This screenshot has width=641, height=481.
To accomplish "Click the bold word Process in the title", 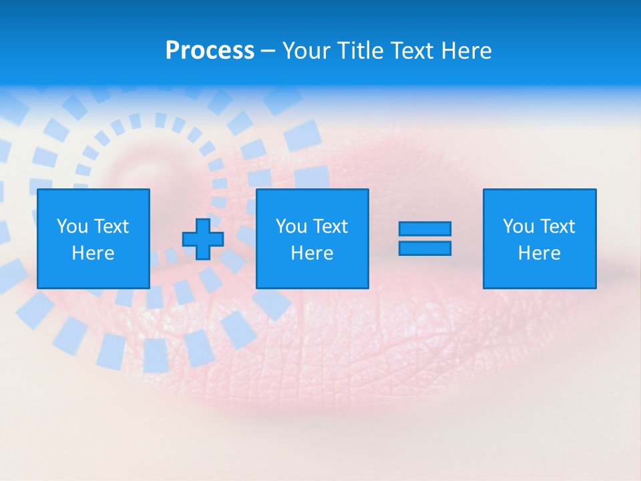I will [210, 51].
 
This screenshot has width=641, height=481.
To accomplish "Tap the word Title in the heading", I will [361, 51].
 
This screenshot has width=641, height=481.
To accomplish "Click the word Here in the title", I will [465, 51].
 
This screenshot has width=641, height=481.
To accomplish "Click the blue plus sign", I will [203, 238].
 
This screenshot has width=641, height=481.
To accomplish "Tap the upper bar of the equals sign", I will [425, 229].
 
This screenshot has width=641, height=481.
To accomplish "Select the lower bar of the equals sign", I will [425, 248].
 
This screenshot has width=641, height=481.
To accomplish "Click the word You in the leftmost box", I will [72, 226].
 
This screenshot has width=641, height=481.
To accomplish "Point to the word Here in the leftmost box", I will [93, 253].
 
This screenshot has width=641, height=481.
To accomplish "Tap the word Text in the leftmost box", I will [111, 226].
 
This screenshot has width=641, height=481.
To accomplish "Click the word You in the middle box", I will [291, 226].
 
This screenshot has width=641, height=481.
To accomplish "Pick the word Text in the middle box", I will [330, 226].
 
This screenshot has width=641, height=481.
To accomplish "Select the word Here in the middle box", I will [312, 253].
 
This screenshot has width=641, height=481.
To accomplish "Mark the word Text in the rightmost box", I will [557, 226].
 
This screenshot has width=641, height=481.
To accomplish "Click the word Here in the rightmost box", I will [539, 253].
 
